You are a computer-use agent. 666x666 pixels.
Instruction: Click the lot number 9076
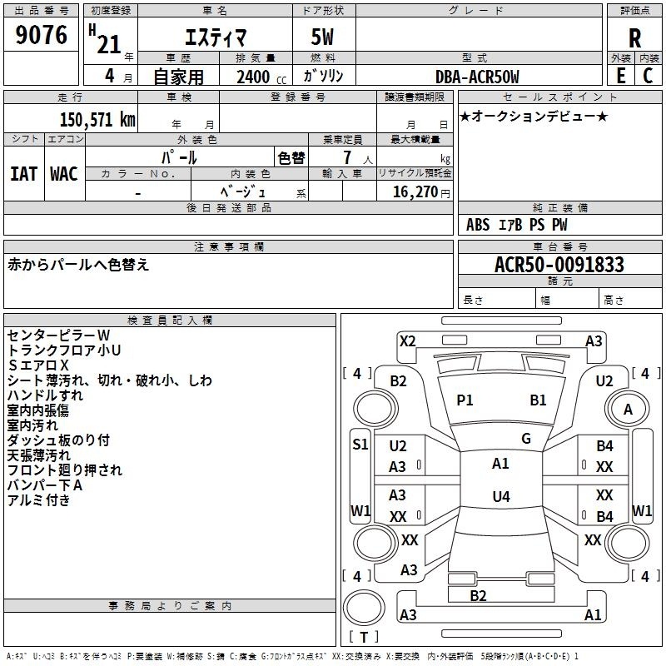tap(41, 34)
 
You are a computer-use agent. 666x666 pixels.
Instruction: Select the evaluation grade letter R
tap(634, 38)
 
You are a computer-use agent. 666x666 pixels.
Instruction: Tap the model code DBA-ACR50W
tap(477, 77)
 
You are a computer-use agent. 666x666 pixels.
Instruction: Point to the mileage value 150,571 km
tap(97, 120)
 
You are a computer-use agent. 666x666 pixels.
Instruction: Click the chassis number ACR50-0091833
tap(559, 265)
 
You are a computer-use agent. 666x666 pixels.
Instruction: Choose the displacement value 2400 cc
tap(261, 77)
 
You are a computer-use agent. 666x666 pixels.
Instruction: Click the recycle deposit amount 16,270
tap(415, 192)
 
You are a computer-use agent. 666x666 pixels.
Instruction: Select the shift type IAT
tap(24, 174)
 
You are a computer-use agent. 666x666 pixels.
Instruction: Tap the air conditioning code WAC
tap(64, 174)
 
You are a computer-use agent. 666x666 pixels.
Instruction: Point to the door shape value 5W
tap(322, 37)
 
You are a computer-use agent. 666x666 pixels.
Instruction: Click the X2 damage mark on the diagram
tap(408, 341)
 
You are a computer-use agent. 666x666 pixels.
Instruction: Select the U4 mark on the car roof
tap(501, 496)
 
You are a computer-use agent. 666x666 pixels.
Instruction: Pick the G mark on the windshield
tap(526, 439)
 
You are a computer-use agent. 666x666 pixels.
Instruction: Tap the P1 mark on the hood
tap(465, 400)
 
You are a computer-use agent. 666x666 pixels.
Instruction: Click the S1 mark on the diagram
tap(360, 445)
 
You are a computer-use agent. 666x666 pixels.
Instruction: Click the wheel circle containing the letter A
tap(628, 409)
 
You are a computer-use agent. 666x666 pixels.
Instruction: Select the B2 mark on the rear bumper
tap(478, 596)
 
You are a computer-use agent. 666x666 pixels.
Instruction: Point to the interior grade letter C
tap(648, 76)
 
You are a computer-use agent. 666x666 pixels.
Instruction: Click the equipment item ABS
tap(478, 225)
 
